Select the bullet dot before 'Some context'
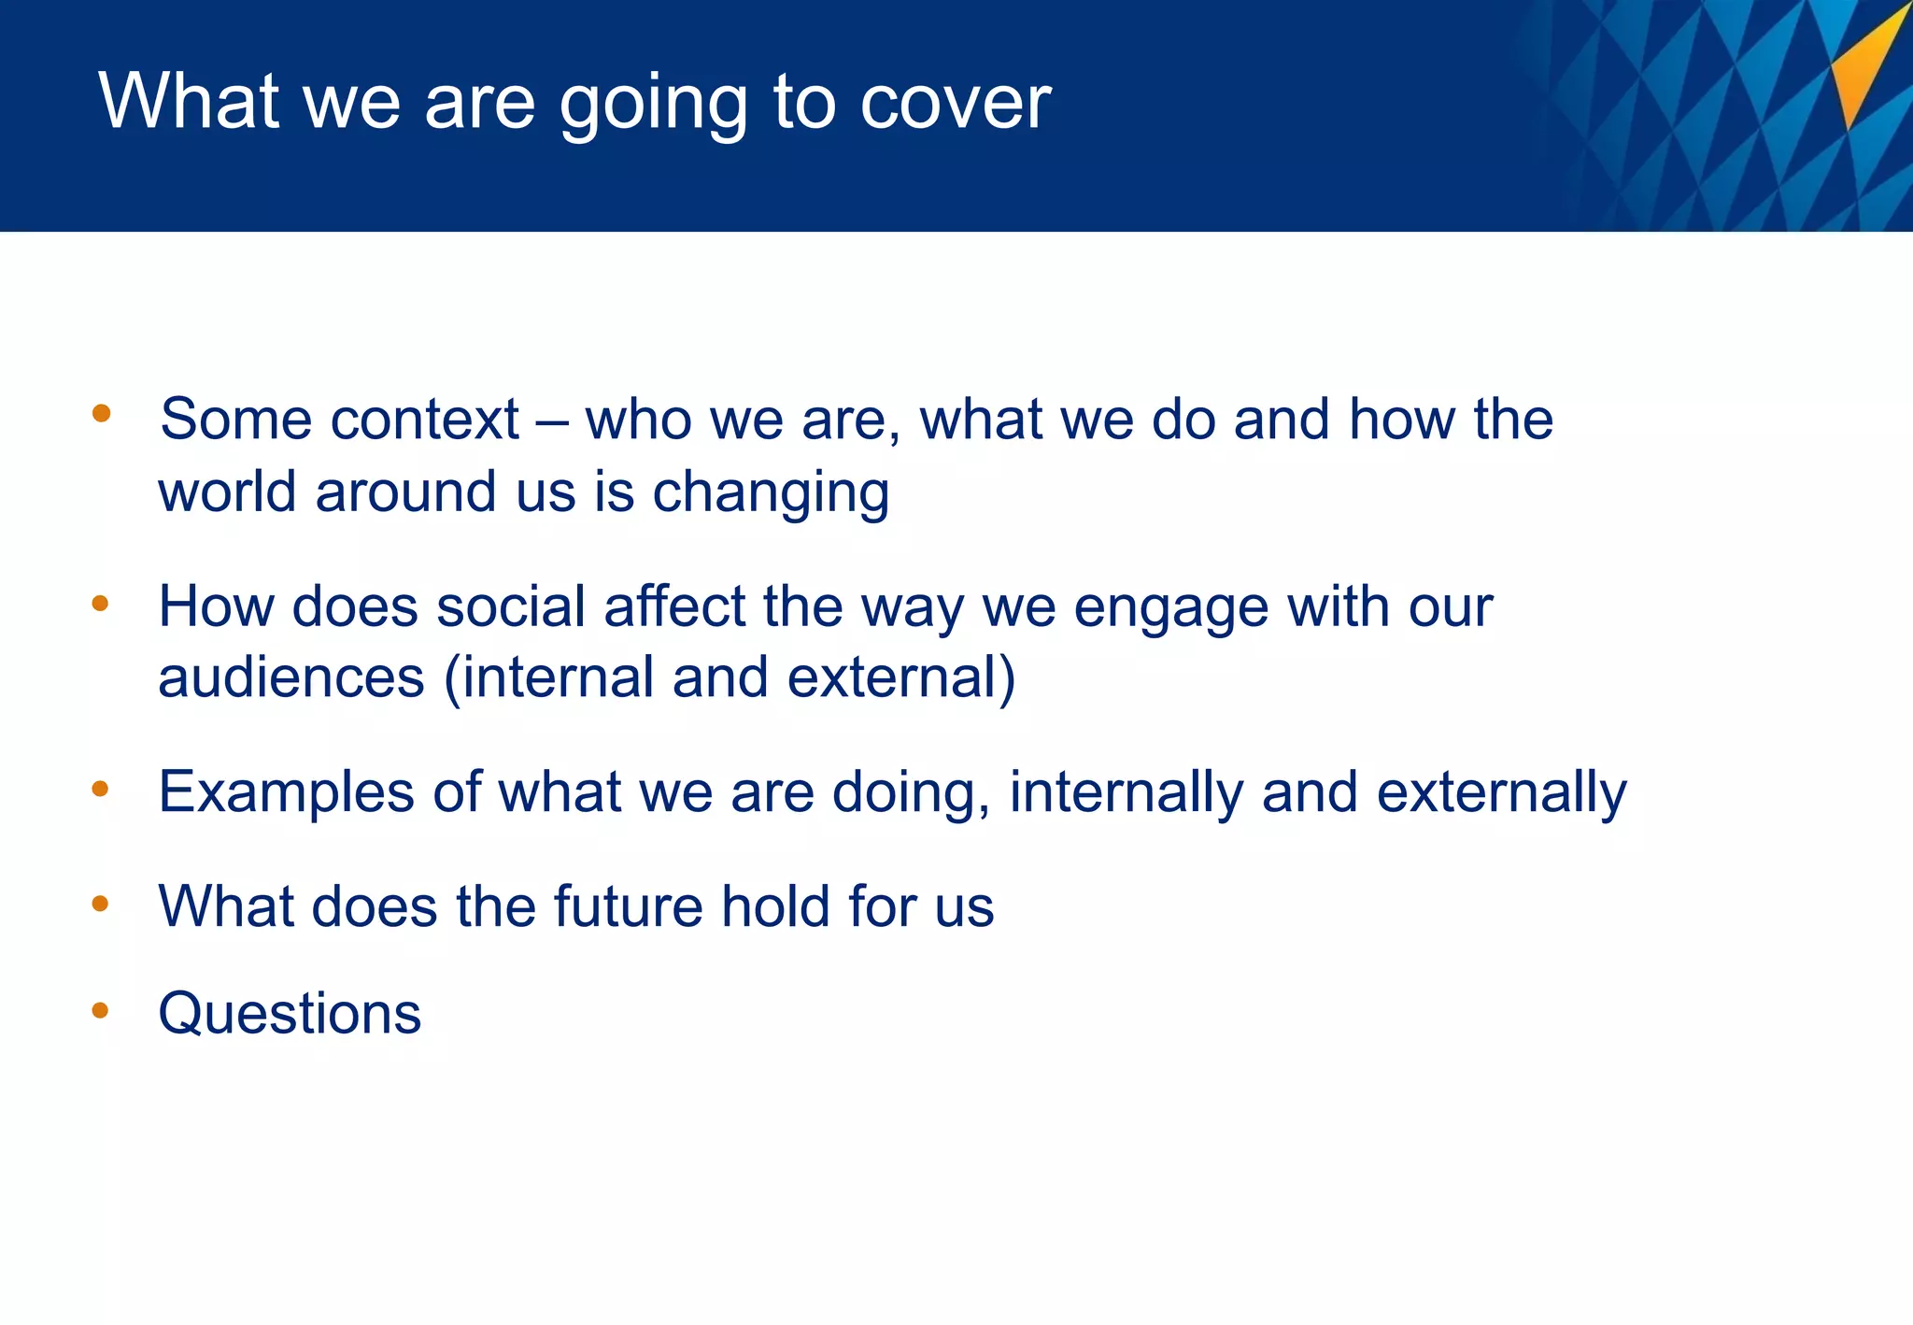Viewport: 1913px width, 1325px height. coord(102,413)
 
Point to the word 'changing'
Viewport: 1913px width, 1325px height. coord(770,492)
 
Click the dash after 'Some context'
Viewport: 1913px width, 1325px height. coord(552,421)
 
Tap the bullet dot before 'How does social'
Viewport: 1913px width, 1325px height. coord(101,604)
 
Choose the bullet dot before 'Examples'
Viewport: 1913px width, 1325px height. coord(101,790)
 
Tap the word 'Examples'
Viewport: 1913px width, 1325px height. coord(286,793)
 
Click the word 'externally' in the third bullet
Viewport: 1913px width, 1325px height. coord(1501,793)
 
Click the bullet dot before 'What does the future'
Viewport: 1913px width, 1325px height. coord(101,904)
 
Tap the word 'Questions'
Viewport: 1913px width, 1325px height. coord(290,1014)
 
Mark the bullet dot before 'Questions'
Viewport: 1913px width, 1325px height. coord(101,1010)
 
